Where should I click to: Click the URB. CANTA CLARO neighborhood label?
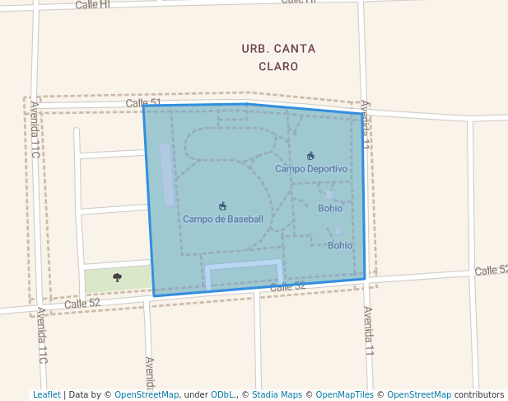(277, 57)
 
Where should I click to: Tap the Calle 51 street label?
(143, 103)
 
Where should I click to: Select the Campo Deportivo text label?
(311, 168)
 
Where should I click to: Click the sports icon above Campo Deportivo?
(310, 156)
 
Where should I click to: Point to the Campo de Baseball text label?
(223, 219)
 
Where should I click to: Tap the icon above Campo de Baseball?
(222, 205)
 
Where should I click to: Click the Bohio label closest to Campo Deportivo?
(330, 208)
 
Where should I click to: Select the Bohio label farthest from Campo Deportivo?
(340, 245)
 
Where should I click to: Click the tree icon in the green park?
(117, 277)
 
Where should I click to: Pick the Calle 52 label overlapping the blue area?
(287, 285)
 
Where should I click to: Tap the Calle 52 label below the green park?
(82, 303)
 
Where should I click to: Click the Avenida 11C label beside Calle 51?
(35, 129)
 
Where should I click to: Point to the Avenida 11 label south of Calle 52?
(368, 331)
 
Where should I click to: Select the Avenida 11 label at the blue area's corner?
(366, 125)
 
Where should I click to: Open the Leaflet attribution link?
(46, 394)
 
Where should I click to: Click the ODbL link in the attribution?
(223, 394)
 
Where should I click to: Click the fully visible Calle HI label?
(92, 5)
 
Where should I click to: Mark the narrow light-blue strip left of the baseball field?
(167, 174)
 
